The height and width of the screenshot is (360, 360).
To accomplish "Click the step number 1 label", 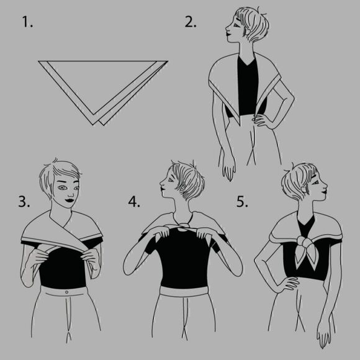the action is (x=27, y=22).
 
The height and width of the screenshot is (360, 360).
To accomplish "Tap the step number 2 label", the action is (x=191, y=22).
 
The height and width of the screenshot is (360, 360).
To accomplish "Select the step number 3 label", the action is (x=24, y=202).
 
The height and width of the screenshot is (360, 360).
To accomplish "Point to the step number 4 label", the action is (x=134, y=202).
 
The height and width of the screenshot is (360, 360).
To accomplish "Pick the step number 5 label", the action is (x=242, y=202).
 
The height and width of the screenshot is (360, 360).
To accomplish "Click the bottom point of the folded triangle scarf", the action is (x=94, y=125).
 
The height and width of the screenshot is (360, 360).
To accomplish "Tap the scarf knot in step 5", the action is (x=304, y=241).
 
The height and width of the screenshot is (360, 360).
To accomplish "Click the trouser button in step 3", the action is (x=66, y=292).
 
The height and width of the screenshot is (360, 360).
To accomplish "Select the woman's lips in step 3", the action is (x=70, y=200).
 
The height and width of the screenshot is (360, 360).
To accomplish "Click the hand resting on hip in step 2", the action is (x=261, y=120).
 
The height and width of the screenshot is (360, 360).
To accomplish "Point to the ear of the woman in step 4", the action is (x=182, y=187).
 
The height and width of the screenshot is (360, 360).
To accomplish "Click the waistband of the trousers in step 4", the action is (x=184, y=292).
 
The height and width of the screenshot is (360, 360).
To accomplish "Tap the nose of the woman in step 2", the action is (x=227, y=29).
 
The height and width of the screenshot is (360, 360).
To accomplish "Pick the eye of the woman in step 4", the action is (x=170, y=180).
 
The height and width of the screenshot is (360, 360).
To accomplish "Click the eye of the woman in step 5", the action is (x=317, y=182).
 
